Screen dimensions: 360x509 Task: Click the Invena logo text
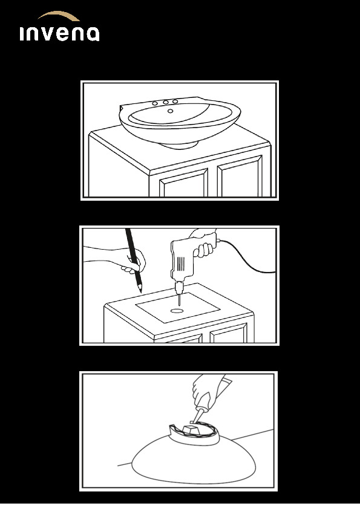pyautogui.click(x=59, y=34)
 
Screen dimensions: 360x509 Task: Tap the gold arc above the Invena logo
pyautogui.click(x=59, y=15)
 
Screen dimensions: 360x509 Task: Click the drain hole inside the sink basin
pyautogui.click(x=170, y=111)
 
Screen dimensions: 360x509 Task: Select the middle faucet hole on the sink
pyautogui.click(x=166, y=102)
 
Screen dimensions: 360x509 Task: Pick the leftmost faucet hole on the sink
pyautogui.click(x=155, y=103)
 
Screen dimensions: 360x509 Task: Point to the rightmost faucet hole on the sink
pyautogui.click(x=175, y=102)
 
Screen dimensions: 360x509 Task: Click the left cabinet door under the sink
pyautogui.click(x=183, y=183)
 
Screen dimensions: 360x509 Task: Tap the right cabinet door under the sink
pyautogui.click(x=240, y=177)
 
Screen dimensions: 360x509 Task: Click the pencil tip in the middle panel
pyautogui.click(x=140, y=290)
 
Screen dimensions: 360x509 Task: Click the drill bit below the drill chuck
pyautogui.click(x=178, y=299)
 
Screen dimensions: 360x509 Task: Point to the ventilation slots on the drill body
pyautogui.click(x=182, y=264)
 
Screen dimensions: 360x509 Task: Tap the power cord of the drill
pyautogui.click(x=247, y=259)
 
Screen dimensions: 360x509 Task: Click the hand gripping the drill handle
pyautogui.click(x=204, y=244)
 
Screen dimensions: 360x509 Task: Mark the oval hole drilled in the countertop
pyautogui.click(x=177, y=311)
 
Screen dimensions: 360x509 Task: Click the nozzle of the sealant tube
pyautogui.click(x=199, y=415)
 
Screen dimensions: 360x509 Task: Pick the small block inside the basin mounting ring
pyautogui.click(x=191, y=429)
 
